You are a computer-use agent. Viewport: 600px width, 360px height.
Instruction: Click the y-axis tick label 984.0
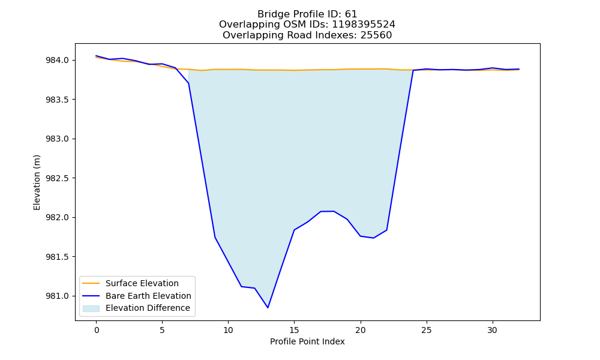click(57, 61)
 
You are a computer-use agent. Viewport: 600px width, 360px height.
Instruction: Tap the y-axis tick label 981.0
click(57, 296)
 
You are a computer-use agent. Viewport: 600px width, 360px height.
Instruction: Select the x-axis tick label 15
click(294, 330)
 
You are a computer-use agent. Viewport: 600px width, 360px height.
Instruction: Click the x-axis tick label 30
click(493, 330)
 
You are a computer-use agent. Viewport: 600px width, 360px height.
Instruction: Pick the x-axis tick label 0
click(97, 330)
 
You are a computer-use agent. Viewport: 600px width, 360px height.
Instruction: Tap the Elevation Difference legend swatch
click(91, 308)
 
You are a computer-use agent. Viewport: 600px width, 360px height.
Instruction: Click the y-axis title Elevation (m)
click(37, 182)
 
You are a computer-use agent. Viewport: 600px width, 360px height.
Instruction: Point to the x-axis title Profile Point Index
click(307, 341)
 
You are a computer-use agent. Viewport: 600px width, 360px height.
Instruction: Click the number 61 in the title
click(351, 14)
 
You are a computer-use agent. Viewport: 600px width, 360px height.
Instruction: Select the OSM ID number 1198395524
click(364, 25)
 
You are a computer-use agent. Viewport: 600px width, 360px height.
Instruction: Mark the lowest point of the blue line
click(268, 308)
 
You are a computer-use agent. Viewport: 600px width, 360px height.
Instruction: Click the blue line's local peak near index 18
click(334, 211)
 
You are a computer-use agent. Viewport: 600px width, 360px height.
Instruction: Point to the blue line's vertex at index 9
click(215, 237)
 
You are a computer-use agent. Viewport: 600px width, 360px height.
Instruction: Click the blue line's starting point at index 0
click(96, 56)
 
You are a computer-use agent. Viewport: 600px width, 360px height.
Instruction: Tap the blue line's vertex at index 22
click(387, 230)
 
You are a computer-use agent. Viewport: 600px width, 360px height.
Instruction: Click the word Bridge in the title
click(271, 14)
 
